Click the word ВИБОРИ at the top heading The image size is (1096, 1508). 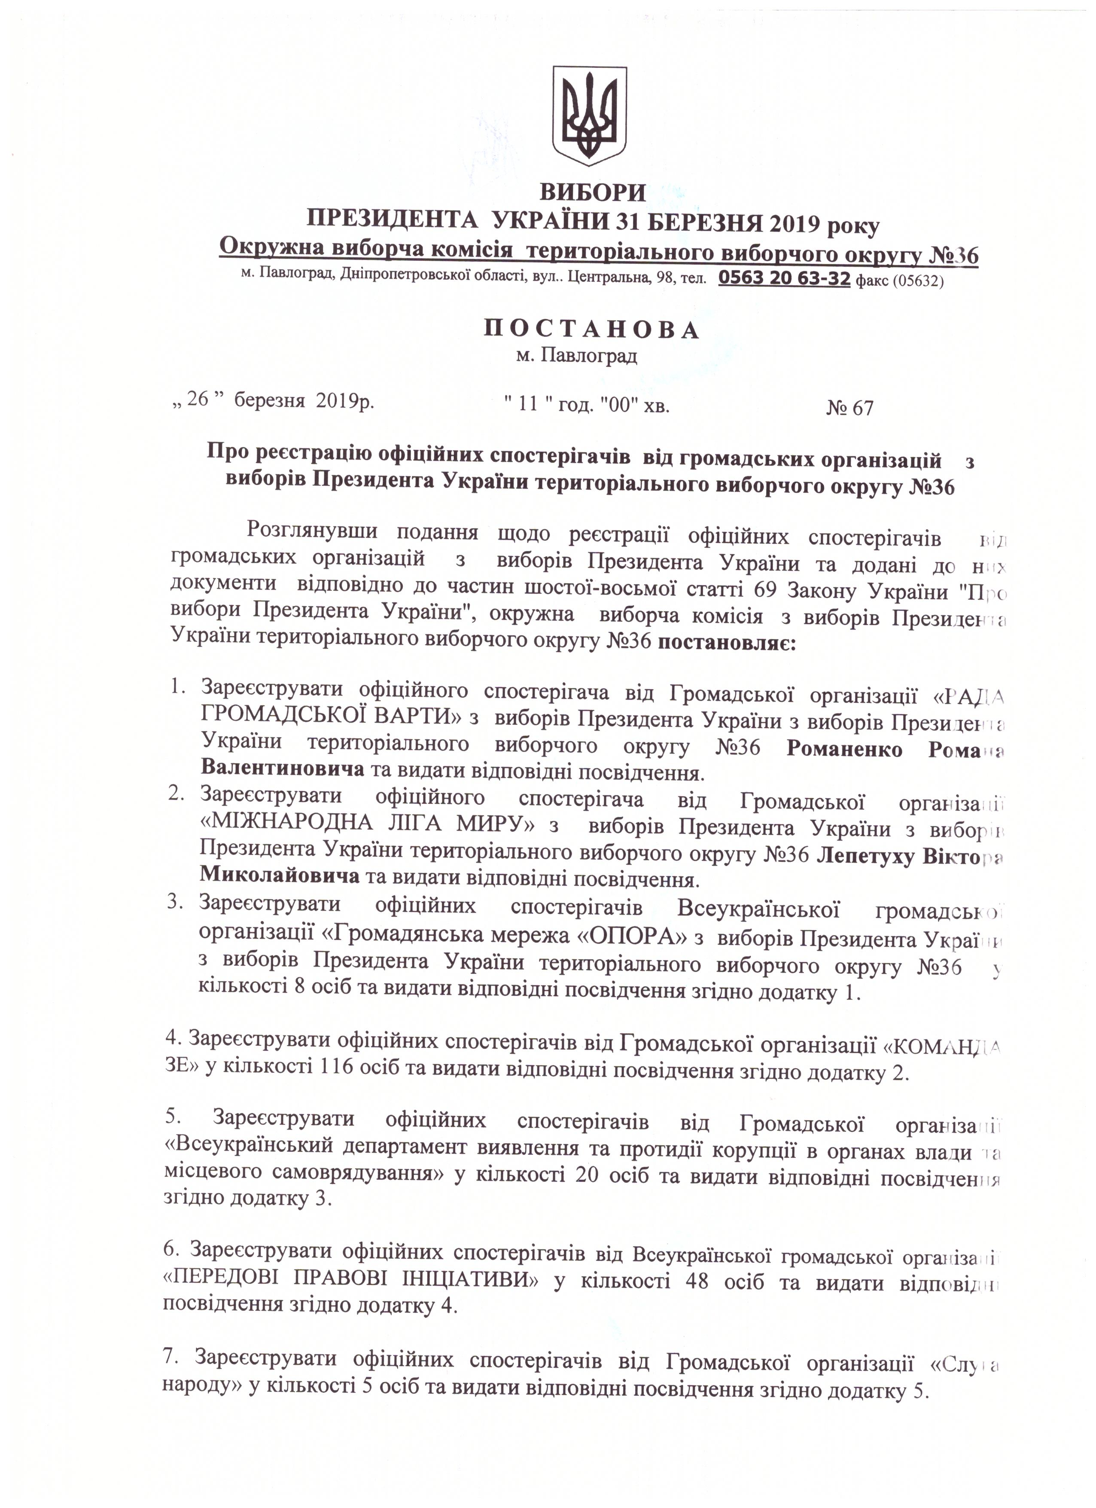(x=592, y=193)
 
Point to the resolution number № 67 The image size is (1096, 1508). (x=849, y=408)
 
